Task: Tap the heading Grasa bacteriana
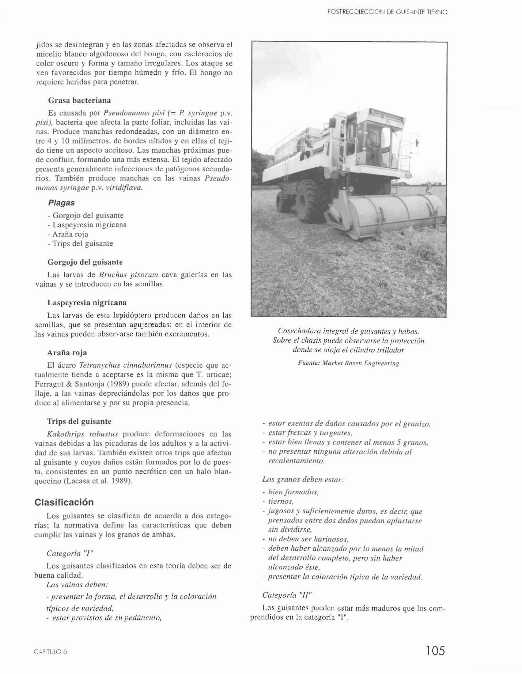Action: (x=79, y=100)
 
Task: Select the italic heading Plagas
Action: (x=61, y=203)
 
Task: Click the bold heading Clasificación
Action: (x=64, y=502)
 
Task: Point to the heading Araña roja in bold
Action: (x=67, y=352)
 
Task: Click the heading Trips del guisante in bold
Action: (x=79, y=421)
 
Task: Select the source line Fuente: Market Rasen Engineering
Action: (x=348, y=363)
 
